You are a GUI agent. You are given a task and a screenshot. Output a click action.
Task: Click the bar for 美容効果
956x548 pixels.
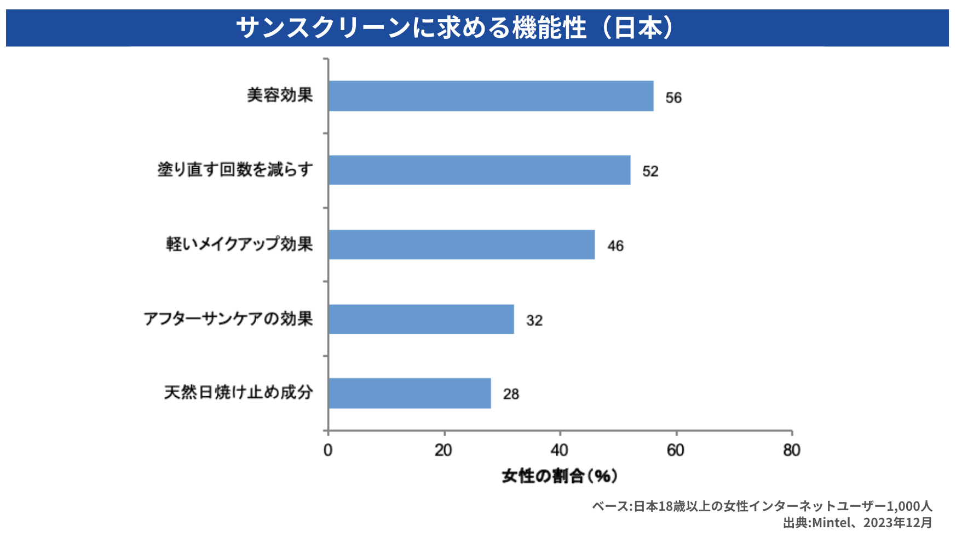point(491,96)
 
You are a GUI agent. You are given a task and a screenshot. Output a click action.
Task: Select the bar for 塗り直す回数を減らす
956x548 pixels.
point(479,170)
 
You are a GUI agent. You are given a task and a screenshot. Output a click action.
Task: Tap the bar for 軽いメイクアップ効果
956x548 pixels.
point(462,244)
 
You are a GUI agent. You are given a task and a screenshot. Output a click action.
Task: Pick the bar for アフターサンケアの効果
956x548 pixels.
point(421,319)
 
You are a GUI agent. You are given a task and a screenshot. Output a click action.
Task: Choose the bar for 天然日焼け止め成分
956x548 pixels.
point(410,393)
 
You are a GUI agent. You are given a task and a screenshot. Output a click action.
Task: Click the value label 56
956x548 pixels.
point(673,98)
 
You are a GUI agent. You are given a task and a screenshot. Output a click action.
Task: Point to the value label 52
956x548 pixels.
point(650,172)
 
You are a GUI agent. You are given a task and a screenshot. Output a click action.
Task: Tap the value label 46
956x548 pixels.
point(615,246)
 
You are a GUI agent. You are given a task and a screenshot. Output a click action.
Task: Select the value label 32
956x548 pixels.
point(534,321)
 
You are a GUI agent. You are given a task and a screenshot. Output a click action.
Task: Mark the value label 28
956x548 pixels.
point(511,395)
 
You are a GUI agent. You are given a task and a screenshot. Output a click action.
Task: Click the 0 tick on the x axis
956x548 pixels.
point(328,450)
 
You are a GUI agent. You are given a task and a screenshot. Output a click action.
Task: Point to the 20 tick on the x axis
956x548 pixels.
point(444,450)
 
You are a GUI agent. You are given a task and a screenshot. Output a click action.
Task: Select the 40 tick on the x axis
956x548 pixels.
point(560,450)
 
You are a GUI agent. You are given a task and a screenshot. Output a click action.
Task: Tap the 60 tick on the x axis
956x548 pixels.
point(676,450)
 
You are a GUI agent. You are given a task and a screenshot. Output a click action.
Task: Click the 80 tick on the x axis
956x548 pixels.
point(792,450)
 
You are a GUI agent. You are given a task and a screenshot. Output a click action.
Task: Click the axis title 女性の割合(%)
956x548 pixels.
point(560,476)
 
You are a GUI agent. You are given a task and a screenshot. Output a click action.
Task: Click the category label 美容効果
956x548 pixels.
point(280,95)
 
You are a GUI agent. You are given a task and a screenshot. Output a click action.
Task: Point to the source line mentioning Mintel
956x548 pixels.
point(857,523)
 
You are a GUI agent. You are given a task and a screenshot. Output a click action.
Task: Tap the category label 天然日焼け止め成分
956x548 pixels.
point(239,392)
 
